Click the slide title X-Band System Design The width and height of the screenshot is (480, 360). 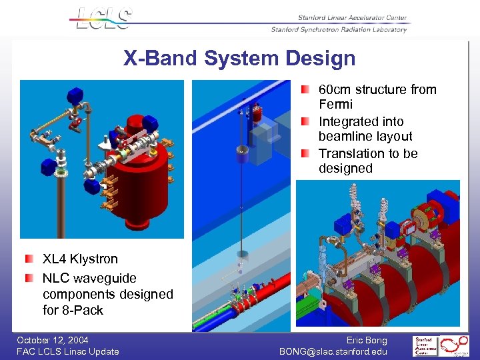pyautogui.click(x=239, y=59)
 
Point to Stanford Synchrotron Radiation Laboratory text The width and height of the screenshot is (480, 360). pyautogui.click(x=339, y=30)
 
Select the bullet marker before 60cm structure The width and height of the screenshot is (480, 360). pyautogui.click(x=305, y=89)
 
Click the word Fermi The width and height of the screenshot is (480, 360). pyautogui.click(x=335, y=105)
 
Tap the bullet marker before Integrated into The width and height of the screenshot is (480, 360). pyautogui.click(x=305, y=121)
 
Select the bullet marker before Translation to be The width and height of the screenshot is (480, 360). pyautogui.click(x=305, y=153)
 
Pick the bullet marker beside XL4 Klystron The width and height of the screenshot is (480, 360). pyautogui.click(x=29, y=259)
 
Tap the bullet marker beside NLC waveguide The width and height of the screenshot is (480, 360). pyautogui.click(x=29, y=278)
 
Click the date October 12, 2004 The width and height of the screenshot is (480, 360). pyautogui.click(x=53, y=340)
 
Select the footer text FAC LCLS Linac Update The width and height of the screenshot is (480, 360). pyautogui.click(x=68, y=351)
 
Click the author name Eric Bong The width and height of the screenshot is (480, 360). pyautogui.click(x=367, y=340)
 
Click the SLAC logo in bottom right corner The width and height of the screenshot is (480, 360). pyautogui.click(x=441, y=346)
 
